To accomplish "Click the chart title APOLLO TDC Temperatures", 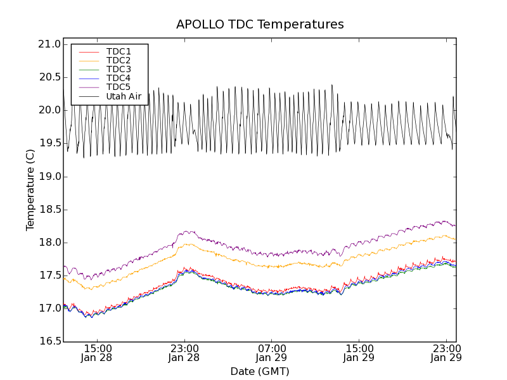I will click(260, 25).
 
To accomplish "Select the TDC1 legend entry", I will click(119, 51).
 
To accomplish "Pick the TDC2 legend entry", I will click(119, 60).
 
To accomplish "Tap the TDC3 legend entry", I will click(119, 69).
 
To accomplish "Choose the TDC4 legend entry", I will click(119, 78).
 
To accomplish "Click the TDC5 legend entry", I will click(119, 87).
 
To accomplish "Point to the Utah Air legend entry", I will click(124, 96).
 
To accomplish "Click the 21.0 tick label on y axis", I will click(49, 44).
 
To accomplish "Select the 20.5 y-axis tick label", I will click(49, 77).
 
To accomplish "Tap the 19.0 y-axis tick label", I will click(49, 177).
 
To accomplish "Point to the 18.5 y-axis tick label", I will click(49, 210).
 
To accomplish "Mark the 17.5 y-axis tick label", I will click(49, 275).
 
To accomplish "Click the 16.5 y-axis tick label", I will click(49, 341).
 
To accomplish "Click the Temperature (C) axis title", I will click(30, 190).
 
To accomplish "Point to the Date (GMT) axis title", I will click(260, 371).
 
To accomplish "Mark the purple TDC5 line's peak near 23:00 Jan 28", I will click(188, 232).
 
